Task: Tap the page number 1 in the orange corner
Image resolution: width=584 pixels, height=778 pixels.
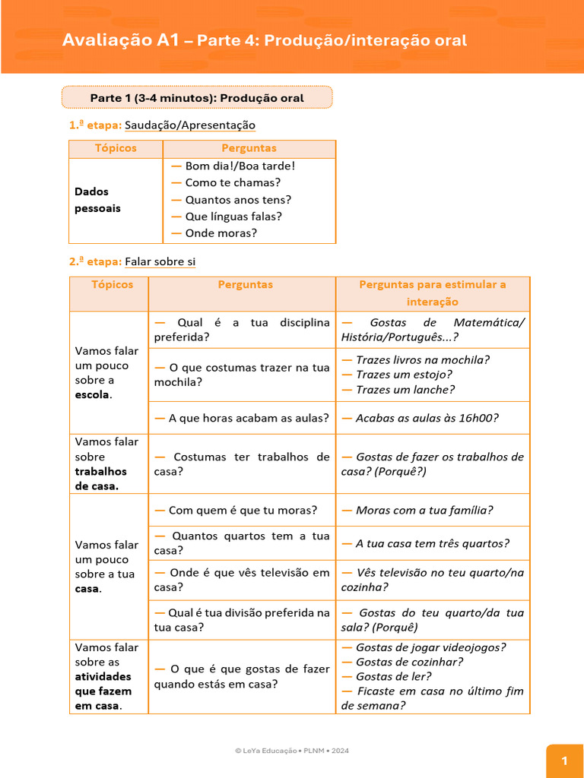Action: pos(564,761)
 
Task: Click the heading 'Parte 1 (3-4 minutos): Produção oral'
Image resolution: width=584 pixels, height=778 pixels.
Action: pos(196,98)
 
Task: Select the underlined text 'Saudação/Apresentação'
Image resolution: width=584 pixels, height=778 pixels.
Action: pos(190,125)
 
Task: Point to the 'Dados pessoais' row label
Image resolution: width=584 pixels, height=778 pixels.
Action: pos(97,200)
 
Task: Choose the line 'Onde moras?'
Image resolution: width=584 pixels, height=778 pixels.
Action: pos(221,233)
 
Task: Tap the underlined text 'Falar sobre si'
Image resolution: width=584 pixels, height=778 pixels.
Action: pos(160,262)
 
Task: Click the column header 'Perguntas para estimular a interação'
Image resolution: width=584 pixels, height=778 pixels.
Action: pos(432,293)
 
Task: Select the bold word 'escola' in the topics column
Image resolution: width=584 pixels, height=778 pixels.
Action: pos(92,395)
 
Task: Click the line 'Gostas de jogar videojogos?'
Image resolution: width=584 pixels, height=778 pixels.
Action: pos(430,647)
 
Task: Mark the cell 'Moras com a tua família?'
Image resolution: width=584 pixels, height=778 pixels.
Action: pos(424,511)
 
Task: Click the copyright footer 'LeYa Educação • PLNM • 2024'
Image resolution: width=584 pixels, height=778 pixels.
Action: pos(292,751)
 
